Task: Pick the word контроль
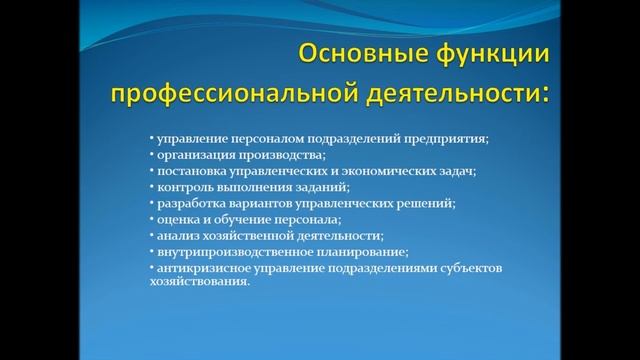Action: [180, 187]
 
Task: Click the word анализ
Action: [172, 235]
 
